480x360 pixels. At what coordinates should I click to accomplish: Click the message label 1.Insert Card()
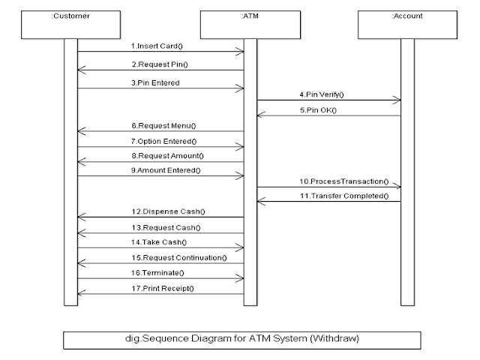pos(160,46)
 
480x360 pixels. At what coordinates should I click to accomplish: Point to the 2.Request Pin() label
pos(162,64)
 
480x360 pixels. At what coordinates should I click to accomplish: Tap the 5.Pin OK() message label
pos(324,111)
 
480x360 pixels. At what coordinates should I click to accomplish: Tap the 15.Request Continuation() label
pos(184,258)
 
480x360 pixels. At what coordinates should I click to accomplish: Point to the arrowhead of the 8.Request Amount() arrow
pos(81,161)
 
